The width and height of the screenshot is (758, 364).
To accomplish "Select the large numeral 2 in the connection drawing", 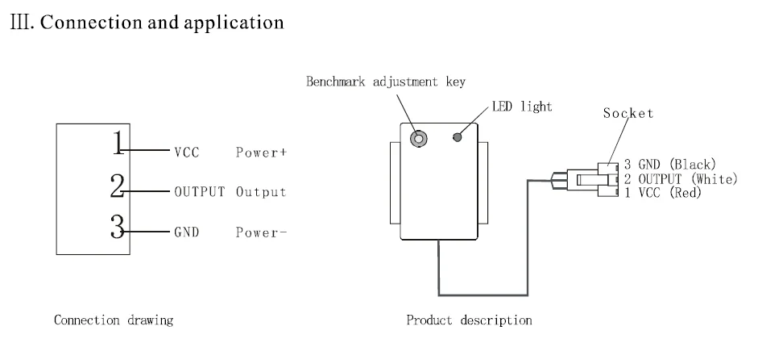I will [x=118, y=187].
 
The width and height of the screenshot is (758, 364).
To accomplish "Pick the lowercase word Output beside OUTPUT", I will [x=262, y=192].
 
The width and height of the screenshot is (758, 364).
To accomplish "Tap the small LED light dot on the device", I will [x=458, y=137].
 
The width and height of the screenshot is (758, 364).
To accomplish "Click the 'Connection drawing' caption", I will [x=112, y=320].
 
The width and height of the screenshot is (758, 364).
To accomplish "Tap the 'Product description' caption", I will [x=470, y=320].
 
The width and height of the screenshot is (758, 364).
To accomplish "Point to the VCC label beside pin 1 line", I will [x=186, y=152].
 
